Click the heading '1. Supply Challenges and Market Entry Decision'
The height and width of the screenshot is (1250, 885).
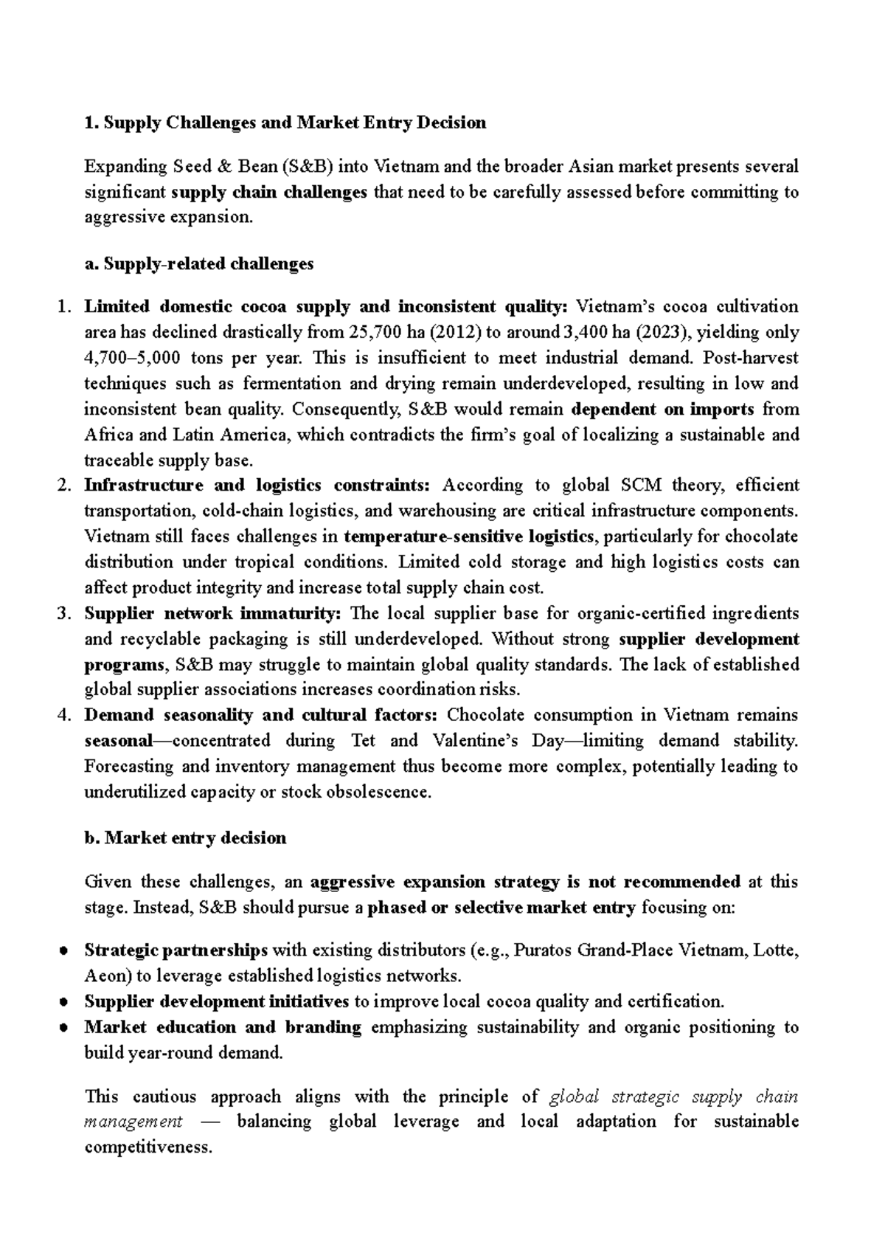(285, 123)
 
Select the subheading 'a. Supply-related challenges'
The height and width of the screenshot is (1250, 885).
(199, 264)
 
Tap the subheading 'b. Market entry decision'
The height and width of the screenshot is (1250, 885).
(186, 838)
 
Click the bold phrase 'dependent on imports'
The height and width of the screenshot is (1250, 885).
(663, 410)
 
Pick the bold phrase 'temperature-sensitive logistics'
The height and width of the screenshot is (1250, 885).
(468, 536)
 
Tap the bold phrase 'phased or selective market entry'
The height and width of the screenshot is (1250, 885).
(502, 908)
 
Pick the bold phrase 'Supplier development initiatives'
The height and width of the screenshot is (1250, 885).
(217, 1002)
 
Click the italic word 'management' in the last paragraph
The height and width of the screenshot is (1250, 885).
(133, 1122)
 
